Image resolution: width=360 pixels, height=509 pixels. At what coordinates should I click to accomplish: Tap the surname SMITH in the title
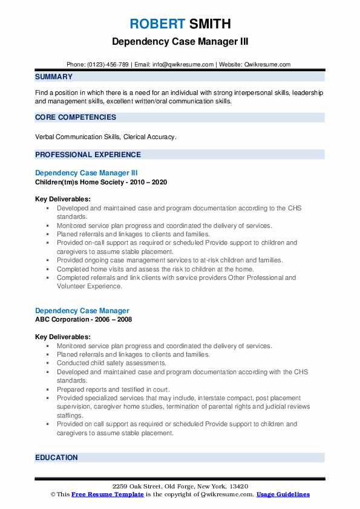coord(209,24)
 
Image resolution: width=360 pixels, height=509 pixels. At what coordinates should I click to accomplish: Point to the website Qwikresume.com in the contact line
coord(268,65)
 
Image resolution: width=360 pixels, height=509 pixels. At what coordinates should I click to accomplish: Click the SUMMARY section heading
coord(54,77)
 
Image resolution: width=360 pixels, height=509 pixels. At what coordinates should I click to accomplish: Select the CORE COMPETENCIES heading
coord(76,117)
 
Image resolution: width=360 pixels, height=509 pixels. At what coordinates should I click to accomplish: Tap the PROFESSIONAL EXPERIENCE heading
coord(88,155)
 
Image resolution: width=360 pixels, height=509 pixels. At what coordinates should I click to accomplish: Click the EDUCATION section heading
coord(56,458)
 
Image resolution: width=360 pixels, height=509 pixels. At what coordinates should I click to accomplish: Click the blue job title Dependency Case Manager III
coord(91,173)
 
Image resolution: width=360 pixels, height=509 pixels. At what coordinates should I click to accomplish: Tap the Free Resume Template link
coord(106,494)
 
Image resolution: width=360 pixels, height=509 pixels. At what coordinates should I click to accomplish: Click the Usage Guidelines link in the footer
coord(283,494)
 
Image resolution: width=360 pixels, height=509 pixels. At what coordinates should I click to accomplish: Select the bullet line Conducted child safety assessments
coord(111,363)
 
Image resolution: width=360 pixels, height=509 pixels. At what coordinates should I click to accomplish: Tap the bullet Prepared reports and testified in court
coord(113,390)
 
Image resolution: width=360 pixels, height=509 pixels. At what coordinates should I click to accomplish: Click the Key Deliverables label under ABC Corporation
coord(63,337)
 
